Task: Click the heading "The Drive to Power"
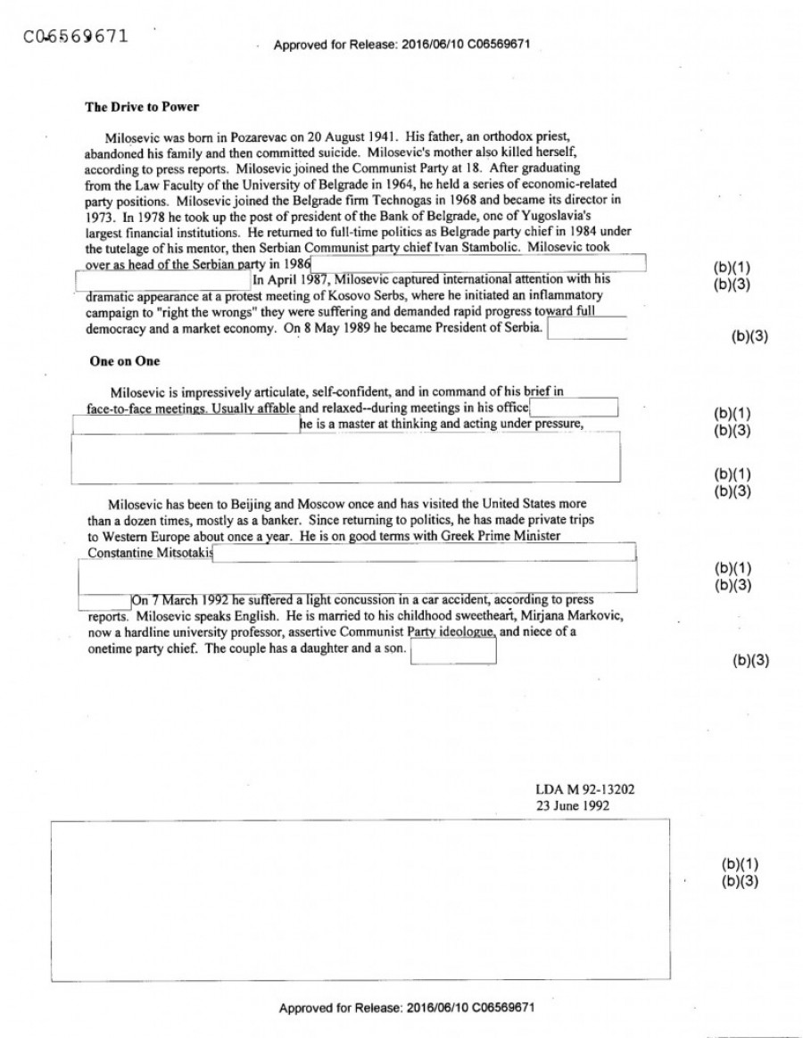[141, 107]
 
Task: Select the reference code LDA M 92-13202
[585, 790]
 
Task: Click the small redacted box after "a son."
[452, 652]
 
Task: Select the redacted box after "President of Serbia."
[586, 329]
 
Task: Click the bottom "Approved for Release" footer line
[407, 1008]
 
